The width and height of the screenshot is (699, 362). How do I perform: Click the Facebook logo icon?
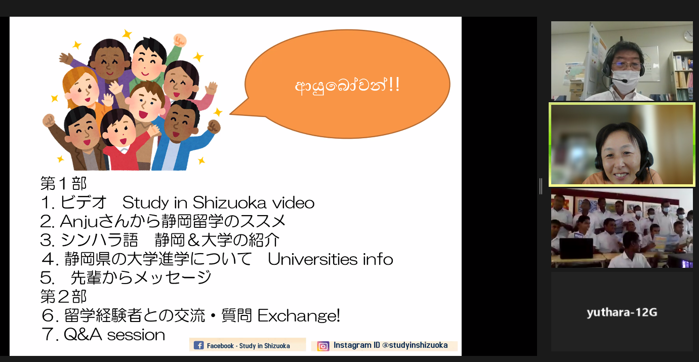pyautogui.click(x=198, y=345)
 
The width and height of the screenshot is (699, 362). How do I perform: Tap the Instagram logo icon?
pyautogui.click(x=323, y=346)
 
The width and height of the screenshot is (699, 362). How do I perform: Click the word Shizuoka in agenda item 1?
pyautogui.click(x=229, y=203)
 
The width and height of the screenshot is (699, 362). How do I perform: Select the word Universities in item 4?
pyautogui.click(x=313, y=259)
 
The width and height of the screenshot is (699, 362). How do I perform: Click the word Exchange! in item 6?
pyautogui.click(x=299, y=316)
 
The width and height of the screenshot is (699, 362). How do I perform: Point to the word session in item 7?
pyautogui.click(x=136, y=335)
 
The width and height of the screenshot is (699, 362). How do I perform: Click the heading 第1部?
pyautogui.click(x=63, y=183)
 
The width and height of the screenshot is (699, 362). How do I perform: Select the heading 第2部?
pyautogui.click(x=63, y=296)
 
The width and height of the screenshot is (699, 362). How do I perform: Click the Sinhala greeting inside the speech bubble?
pyautogui.click(x=347, y=85)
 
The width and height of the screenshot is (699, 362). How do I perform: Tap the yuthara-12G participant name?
pyautogui.click(x=622, y=312)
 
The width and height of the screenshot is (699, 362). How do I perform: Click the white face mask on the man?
pyautogui.click(x=625, y=82)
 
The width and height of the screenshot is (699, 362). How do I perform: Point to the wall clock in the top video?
pyautogui.click(x=688, y=36)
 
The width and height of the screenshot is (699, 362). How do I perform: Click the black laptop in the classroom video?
pyautogui.click(x=576, y=249)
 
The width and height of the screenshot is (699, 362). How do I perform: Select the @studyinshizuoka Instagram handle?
pyautogui.click(x=415, y=345)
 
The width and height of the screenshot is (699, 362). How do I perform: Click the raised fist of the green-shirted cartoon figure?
pyautogui.click(x=180, y=41)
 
